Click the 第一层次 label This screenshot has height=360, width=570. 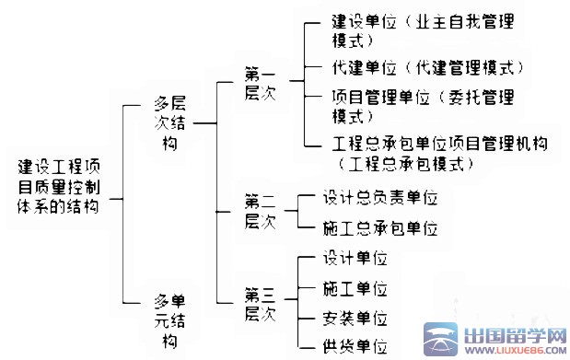[260, 84]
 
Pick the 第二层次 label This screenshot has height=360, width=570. [260, 211]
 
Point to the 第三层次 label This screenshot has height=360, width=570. [260, 305]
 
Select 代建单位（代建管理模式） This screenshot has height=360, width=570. [426, 69]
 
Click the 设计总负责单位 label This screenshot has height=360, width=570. [379, 197]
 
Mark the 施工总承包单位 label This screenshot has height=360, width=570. [379, 227]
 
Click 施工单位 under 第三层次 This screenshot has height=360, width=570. [355, 289]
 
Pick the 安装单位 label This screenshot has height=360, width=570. [355, 319]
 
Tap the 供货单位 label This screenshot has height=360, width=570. [355, 347]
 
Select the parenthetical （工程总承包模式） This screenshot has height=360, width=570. [405, 165]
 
